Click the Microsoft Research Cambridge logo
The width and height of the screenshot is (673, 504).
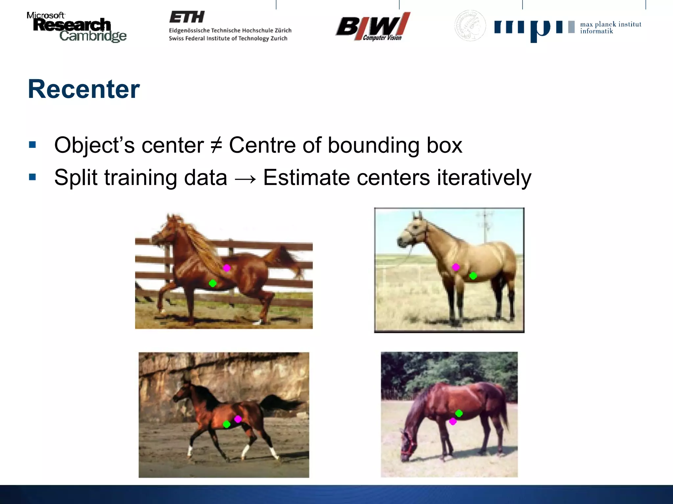tap(76, 27)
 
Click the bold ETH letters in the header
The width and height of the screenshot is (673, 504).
tap(187, 17)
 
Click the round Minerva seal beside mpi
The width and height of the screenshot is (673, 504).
tap(470, 26)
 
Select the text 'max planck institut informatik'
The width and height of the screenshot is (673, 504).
tap(610, 28)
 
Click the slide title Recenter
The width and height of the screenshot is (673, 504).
tap(84, 89)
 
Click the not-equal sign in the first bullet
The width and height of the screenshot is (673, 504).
tap(216, 145)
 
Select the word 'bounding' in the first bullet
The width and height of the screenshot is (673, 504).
tap(373, 145)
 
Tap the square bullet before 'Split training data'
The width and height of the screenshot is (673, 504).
tap(32, 177)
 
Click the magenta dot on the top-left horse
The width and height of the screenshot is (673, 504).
tap(227, 268)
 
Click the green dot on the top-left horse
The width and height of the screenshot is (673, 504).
tap(213, 283)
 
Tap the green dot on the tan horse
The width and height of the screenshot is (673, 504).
tap(473, 276)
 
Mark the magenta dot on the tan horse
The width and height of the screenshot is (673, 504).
tap(456, 267)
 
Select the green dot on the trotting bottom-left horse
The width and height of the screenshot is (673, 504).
tap(226, 424)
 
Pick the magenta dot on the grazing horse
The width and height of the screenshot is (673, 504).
tap(453, 421)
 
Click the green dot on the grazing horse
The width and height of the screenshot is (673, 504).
tap(459, 413)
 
